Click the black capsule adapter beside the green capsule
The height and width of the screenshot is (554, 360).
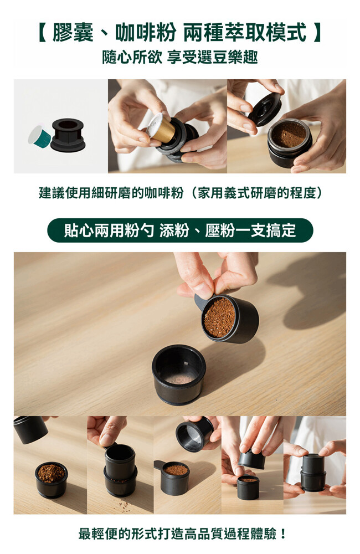pyautogui.click(x=68, y=135)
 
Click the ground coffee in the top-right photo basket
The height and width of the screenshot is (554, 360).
pyautogui.click(x=289, y=134)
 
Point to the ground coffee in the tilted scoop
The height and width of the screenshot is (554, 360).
pyautogui.click(x=219, y=317)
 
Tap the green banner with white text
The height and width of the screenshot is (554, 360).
pyautogui.click(x=180, y=230)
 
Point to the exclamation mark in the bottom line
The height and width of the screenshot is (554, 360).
pyautogui.click(x=282, y=534)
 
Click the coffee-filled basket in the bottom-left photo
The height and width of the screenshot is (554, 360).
pyautogui.click(x=51, y=479)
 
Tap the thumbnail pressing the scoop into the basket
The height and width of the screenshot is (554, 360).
pyautogui.click(x=120, y=465)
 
